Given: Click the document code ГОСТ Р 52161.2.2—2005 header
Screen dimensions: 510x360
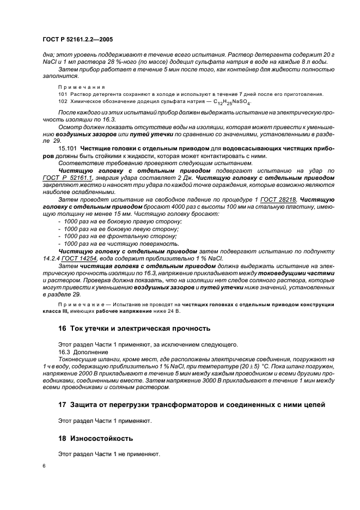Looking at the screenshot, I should click(77, 40).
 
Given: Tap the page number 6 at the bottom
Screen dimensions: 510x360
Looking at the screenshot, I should click(44, 466).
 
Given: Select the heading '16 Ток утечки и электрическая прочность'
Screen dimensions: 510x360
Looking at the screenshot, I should click(134, 329).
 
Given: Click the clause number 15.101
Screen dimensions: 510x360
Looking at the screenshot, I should click(67, 148).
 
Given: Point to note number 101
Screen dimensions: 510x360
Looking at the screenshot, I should click(63, 94).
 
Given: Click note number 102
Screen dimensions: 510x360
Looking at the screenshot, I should click(63, 102).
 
